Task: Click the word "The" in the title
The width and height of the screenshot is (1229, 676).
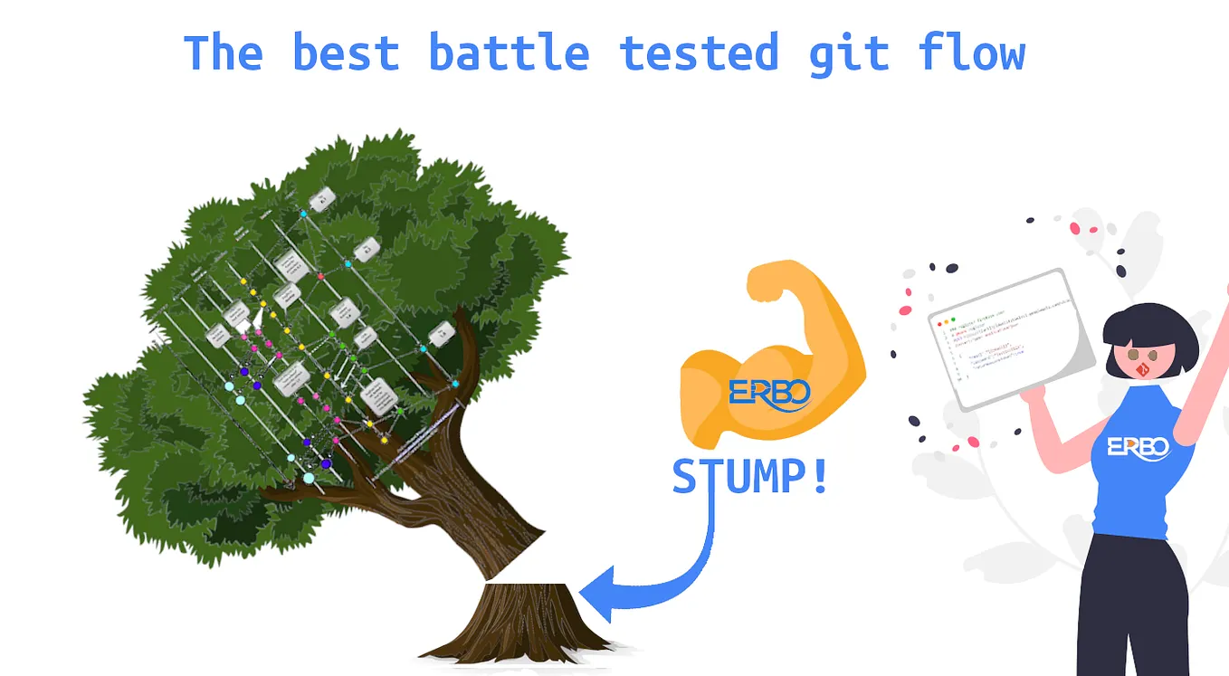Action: coord(223,52)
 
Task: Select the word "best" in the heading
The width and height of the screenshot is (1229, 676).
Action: coord(345,52)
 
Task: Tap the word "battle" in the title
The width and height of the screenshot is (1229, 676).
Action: coord(509,52)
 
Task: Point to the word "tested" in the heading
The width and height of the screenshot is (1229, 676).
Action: coord(700,52)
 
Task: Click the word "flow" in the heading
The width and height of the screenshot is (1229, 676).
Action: coord(973,52)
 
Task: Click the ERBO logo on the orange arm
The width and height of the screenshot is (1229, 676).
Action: coord(770,393)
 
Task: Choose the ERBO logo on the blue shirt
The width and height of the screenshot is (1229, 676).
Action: coord(1138,447)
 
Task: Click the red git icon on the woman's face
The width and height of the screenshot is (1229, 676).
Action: coord(1143,369)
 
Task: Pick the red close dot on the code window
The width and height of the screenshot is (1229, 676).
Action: coord(939,321)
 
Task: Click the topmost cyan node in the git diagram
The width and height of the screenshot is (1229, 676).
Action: coord(304,214)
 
